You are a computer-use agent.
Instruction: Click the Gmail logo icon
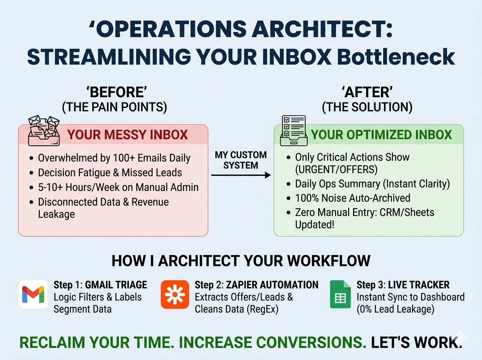[x=33, y=295]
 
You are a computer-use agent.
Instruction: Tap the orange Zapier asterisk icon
[x=175, y=295]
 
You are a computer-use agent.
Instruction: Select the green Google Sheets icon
[x=340, y=295]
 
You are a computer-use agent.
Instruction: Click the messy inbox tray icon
[x=44, y=131]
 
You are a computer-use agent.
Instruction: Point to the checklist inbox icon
[x=294, y=131]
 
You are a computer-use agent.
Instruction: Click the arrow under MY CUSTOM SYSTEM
[x=241, y=175]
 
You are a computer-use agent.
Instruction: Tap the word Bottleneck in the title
[x=396, y=57]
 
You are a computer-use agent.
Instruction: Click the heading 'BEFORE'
[x=116, y=92]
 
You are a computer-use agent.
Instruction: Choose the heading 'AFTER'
[x=367, y=92]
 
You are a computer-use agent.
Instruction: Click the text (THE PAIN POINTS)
[x=114, y=107]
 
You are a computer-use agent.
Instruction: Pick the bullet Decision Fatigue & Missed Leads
[x=110, y=173]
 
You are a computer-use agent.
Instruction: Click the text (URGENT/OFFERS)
[x=336, y=169]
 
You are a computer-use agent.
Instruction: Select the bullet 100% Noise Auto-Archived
[x=352, y=198]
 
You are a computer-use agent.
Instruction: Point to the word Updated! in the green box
[x=315, y=225]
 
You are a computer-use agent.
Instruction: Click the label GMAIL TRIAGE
[x=116, y=285]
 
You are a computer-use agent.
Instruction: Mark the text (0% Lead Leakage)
[x=396, y=309]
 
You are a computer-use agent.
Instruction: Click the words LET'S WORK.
[x=417, y=342]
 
